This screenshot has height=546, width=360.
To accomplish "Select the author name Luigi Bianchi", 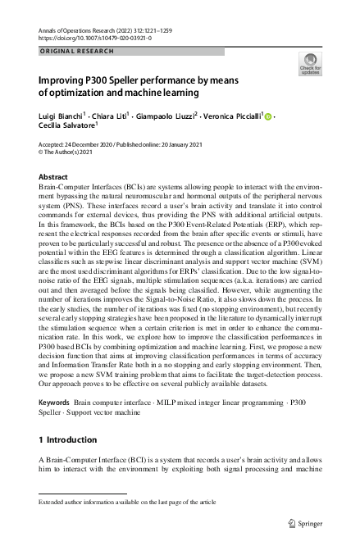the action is [61, 117].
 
